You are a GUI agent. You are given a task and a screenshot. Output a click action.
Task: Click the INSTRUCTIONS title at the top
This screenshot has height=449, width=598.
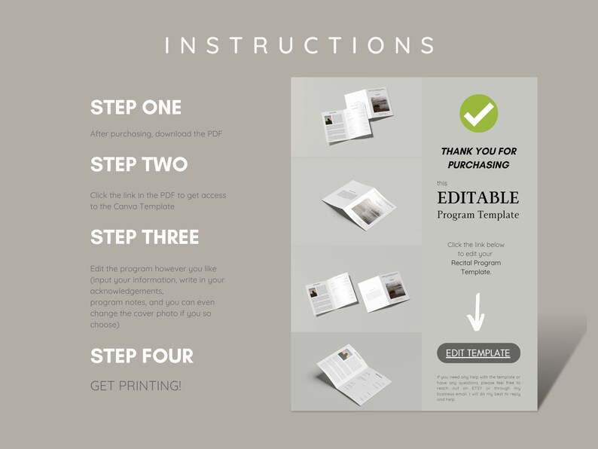pos(299,45)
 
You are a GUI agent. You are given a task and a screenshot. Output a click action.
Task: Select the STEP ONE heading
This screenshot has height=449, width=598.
pos(136,108)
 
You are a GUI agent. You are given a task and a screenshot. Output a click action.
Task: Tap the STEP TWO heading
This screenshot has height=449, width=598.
pos(139,164)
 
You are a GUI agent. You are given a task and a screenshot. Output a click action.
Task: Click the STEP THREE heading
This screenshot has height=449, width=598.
pos(145,237)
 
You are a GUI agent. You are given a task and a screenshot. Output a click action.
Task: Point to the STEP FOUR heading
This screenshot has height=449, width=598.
pos(142,356)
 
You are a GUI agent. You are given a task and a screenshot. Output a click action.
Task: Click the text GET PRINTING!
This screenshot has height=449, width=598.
pos(136,386)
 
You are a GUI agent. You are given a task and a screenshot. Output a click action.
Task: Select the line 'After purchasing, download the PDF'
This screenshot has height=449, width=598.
pos(156,134)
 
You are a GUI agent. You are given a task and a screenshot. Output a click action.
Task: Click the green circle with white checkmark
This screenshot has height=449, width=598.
pos(478,113)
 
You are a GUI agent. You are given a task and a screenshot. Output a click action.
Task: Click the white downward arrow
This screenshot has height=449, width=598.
pos(476,313)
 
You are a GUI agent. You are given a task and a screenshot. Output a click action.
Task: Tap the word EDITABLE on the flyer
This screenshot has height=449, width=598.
pos(478,198)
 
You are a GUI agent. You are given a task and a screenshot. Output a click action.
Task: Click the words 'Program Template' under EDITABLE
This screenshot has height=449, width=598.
pos(478,215)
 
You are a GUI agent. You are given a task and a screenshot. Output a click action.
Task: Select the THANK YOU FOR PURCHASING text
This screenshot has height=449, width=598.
pos(478,157)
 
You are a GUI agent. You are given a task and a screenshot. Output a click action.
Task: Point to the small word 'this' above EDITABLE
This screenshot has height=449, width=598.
pos(442,183)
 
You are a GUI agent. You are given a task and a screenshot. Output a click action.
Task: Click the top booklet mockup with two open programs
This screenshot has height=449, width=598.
pos(356,117)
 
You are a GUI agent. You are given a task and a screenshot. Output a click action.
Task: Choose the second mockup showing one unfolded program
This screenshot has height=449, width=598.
pos(358,202)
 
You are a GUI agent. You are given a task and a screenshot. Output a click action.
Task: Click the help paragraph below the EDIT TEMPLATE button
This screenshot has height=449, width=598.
pos(478,388)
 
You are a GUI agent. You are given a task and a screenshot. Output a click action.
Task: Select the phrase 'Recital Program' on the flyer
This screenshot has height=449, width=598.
pos(476,263)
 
